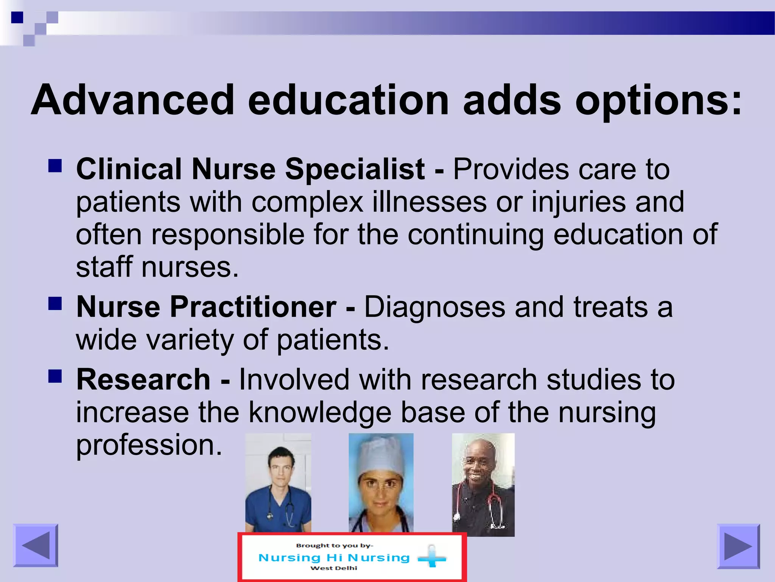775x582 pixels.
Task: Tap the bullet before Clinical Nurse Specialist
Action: pyautogui.click(x=55, y=166)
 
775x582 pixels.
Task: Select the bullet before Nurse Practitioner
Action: pyautogui.click(x=55, y=304)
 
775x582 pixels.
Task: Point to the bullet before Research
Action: pyautogui.click(x=55, y=376)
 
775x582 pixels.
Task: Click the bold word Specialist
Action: pyautogui.click(x=355, y=169)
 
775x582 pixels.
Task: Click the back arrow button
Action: pyautogui.click(x=36, y=546)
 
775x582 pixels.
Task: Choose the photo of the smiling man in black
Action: pyautogui.click(x=483, y=485)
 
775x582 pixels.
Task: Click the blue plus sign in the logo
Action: pyautogui.click(x=432, y=557)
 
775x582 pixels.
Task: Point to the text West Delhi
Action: pyautogui.click(x=333, y=568)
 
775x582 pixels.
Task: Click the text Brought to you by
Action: pyautogui.click(x=334, y=546)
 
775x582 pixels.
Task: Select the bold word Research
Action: pyautogui.click(x=143, y=380)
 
